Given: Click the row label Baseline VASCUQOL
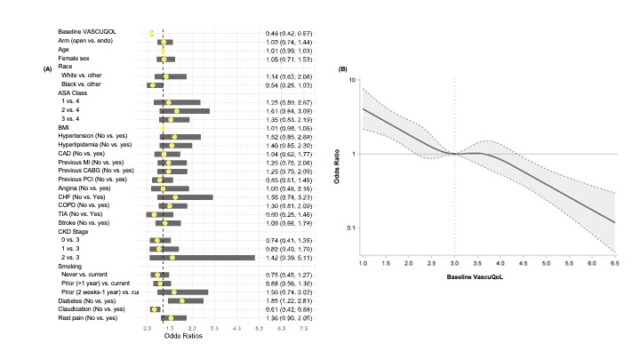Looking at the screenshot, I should (84, 33).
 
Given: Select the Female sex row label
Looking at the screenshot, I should (75, 59).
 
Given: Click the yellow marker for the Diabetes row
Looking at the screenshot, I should (182, 300).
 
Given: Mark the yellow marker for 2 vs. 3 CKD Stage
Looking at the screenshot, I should (172, 258).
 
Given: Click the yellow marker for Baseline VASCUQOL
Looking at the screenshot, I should (152, 33).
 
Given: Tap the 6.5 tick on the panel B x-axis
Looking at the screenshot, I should (614, 266).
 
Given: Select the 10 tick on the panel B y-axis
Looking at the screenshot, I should (353, 79).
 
